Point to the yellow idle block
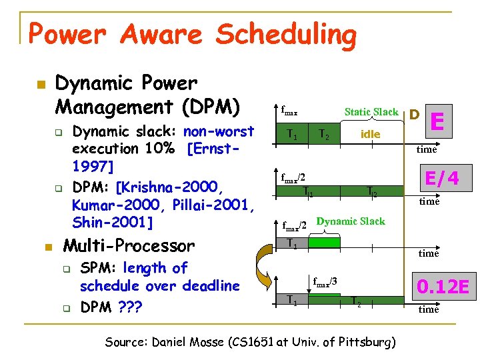tap(371, 134)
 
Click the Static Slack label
tap(371, 112)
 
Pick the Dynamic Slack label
tap(350, 221)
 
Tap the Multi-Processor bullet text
tap(128, 246)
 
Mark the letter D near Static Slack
tap(414, 115)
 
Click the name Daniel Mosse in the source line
tap(191, 343)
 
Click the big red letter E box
tap(438, 122)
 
